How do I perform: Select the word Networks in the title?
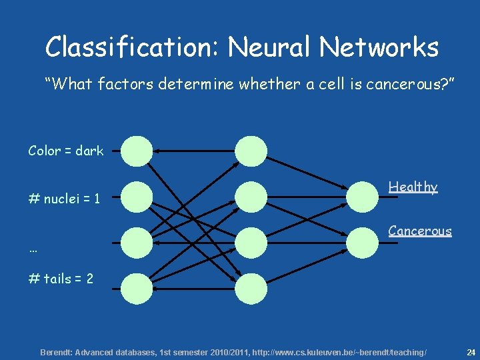379,46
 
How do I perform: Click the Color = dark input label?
66,151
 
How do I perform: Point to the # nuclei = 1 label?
64,199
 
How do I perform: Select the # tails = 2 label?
61,279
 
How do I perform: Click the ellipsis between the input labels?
33,251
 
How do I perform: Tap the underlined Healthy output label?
413,187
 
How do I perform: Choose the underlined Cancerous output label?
420,231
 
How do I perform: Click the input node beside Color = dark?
137,151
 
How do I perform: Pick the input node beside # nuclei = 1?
137,197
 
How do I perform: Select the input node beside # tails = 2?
137,289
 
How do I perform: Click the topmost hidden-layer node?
251,151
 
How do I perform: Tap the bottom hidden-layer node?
251,289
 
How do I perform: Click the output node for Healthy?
363,197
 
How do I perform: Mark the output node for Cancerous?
363,243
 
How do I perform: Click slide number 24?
471,353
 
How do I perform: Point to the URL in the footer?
339,353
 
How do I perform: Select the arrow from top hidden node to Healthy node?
307,173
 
